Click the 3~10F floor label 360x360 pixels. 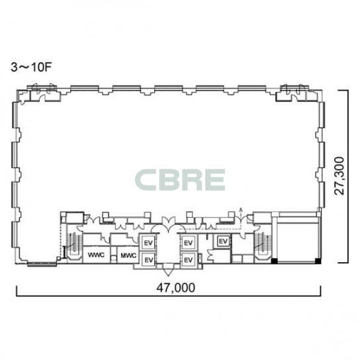[x=31, y=67]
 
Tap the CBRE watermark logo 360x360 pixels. [x=180, y=180]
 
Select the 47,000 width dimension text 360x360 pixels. [x=175, y=287]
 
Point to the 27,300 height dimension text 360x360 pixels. [x=339, y=176]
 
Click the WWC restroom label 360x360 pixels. [x=96, y=255]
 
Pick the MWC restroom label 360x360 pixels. [x=128, y=255]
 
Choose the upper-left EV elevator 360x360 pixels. [x=148, y=243]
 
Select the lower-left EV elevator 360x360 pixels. [x=148, y=260]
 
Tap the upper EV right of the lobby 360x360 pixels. [x=188, y=243]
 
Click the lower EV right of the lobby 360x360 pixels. [x=188, y=260]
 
